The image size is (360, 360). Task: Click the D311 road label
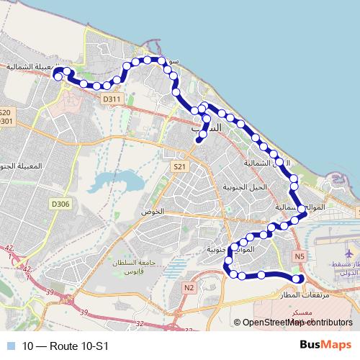(x=111, y=99)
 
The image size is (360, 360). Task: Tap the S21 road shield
(x=179, y=166)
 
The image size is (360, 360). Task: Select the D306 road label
(x=61, y=204)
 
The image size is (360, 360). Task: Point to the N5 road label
(x=300, y=256)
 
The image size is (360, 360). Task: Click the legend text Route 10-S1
(x=66, y=346)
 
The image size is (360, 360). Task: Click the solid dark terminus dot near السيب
(x=198, y=142)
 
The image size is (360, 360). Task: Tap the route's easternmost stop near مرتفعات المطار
(x=299, y=280)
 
